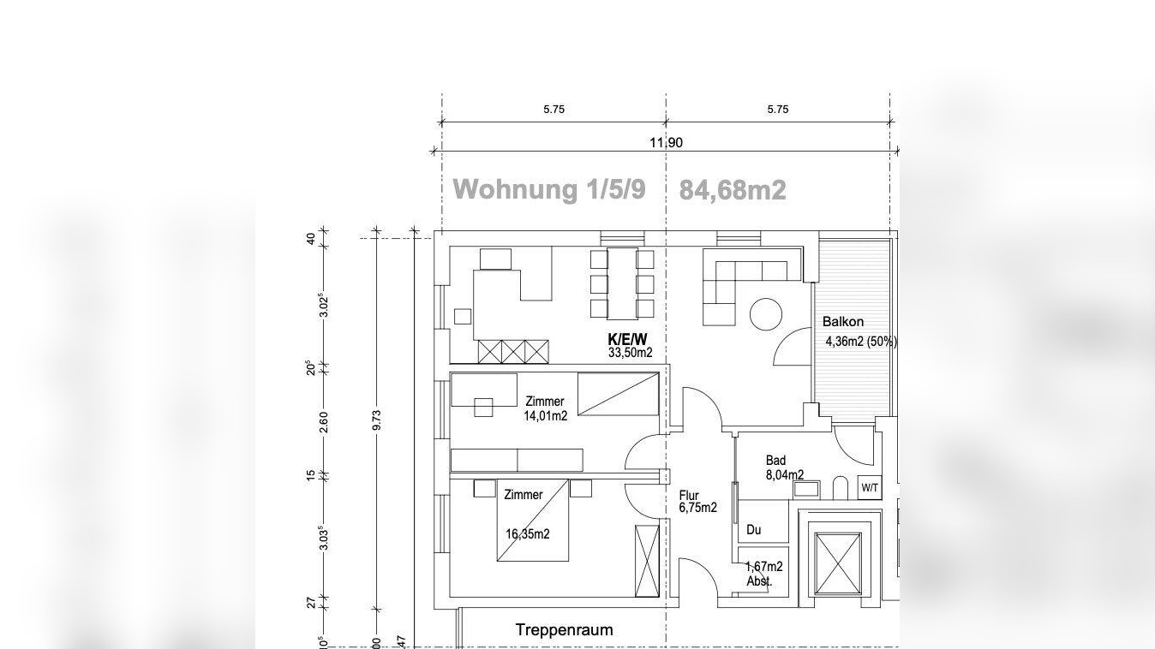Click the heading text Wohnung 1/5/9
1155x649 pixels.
coord(548,188)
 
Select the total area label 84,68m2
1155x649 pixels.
coord(732,190)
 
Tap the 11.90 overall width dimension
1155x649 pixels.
coord(666,143)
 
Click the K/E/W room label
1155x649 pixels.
coord(627,340)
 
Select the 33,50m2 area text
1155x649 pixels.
coord(630,353)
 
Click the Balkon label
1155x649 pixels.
coord(843,322)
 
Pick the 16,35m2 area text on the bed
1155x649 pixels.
coord(527,534)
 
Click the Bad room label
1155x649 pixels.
coord(775,461)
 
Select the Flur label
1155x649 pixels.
coord(689,496)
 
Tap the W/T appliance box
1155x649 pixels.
coord(870,488)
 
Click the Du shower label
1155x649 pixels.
coord(753,530)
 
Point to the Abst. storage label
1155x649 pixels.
coord(759,581)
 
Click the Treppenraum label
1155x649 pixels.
coord(564,630)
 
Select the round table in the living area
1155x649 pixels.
coord(766,314)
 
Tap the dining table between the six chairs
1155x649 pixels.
coord(622,283)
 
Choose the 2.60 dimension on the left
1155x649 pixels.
coord(324,421)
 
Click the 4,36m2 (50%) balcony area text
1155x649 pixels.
coord(860,342)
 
